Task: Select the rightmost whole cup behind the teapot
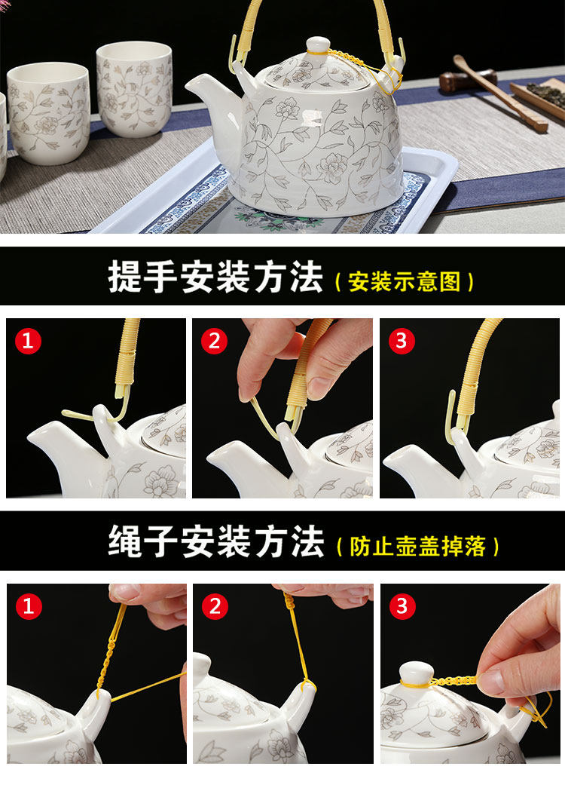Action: [135, 89]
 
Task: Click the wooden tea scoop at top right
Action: [499, 94]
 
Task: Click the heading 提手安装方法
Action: [215, 277]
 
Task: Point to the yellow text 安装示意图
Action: [405, 281]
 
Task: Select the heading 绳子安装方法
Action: [215, 541]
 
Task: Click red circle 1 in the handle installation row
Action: [28, 341]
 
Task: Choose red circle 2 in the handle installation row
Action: [214, 341]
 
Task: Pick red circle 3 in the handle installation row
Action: [402, 341]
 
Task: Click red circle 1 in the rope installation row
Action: [28, 606]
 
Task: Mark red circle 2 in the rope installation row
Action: [215, 606]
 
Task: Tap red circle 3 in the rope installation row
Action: [402, 606]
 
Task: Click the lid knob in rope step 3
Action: [417, 674]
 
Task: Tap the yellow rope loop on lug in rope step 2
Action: [307, 685]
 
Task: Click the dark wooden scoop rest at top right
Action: [467, 81]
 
